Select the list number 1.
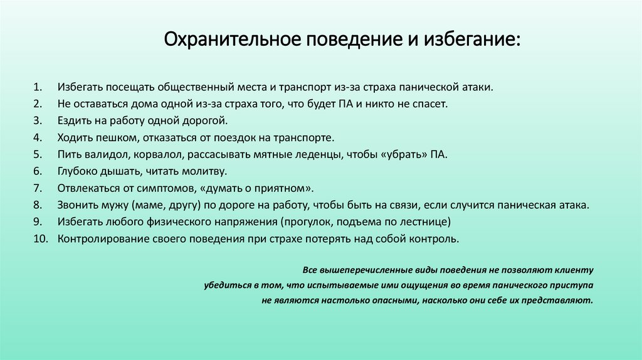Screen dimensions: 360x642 click(38, 86)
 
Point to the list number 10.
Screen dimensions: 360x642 click(39, 239)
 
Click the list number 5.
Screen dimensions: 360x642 click(38, 154)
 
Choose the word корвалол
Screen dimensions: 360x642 click(152, 154)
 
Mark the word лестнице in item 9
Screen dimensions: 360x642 click(426, 222)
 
